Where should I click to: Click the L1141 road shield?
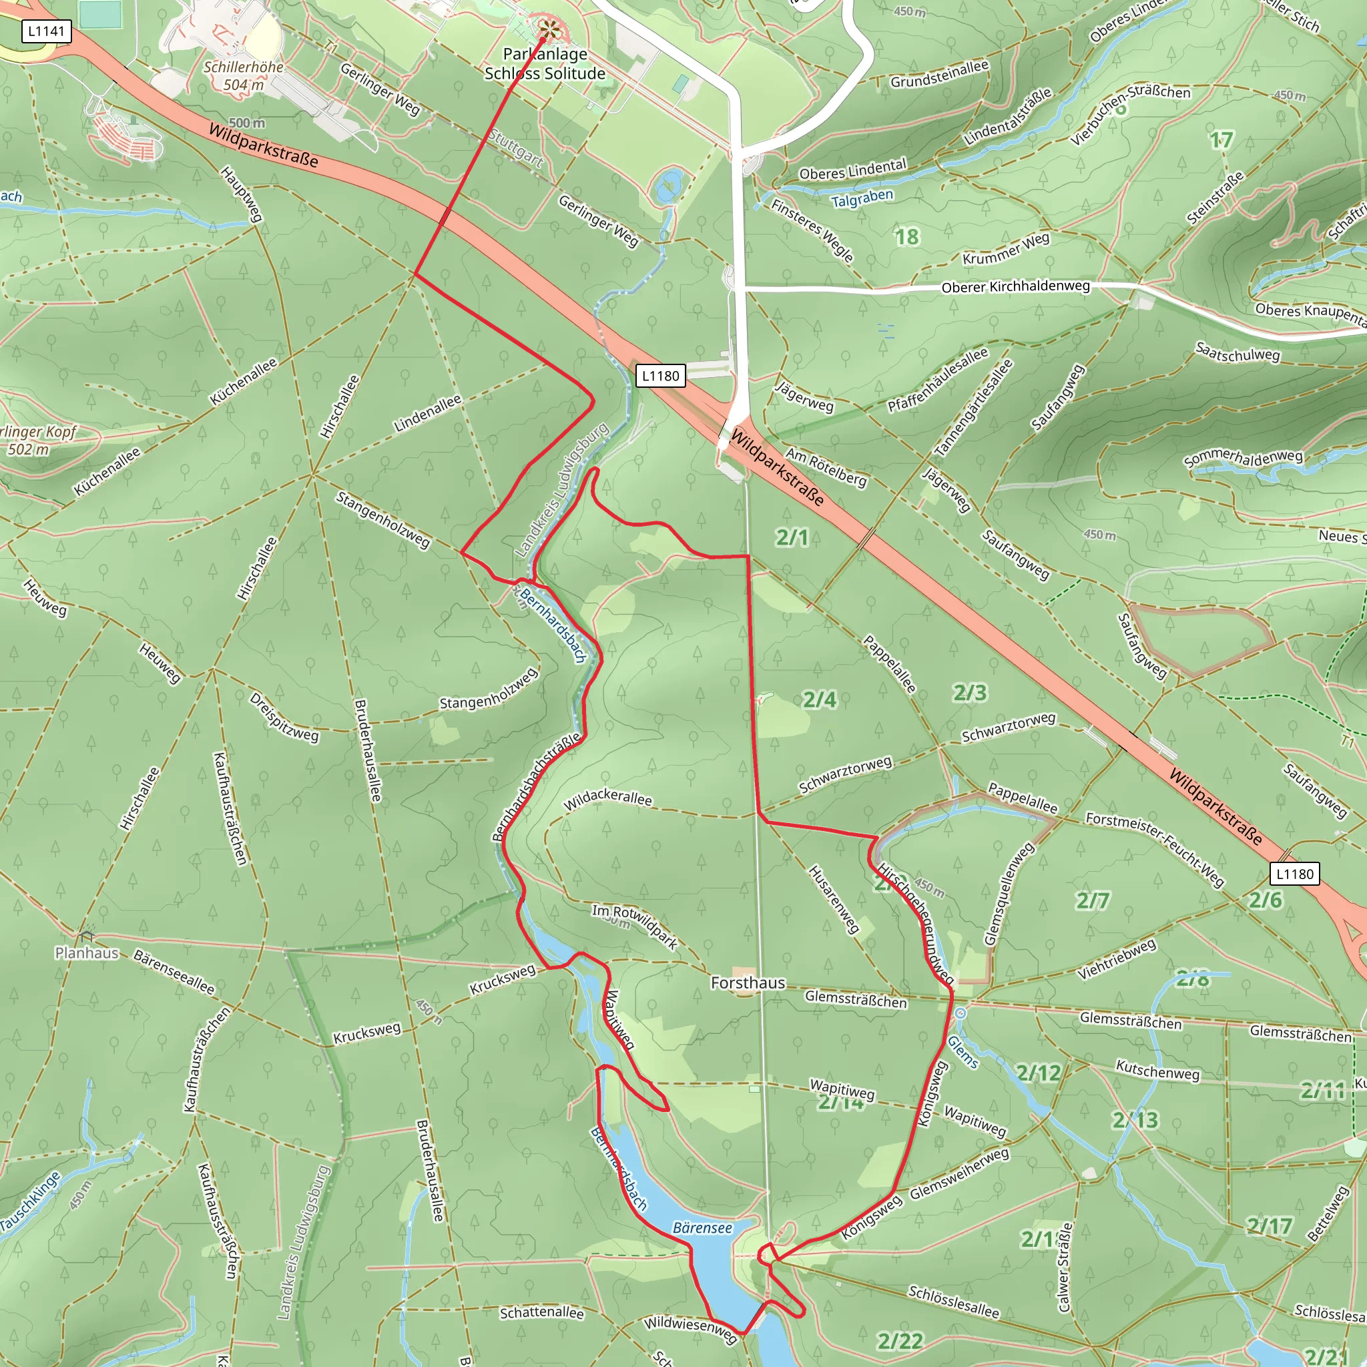(46, 31)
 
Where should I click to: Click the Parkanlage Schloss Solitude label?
(545, 63)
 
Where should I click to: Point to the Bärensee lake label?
(702, 1227)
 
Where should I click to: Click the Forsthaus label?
(748, 983)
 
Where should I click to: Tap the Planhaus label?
(87, 952)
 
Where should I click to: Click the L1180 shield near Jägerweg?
(660, 376)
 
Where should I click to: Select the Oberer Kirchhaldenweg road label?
(1015, 286)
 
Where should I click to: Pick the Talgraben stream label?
(862, 198)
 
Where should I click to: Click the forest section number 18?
(907, 237)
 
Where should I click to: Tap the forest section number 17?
(1221, 140)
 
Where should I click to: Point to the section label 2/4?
(820, 700)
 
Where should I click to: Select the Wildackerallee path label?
(608, 798)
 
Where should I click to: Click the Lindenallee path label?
(427, 413)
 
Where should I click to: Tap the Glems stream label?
(963, 1051)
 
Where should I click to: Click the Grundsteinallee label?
(939, 74)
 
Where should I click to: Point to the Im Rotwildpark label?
(635, 927)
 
